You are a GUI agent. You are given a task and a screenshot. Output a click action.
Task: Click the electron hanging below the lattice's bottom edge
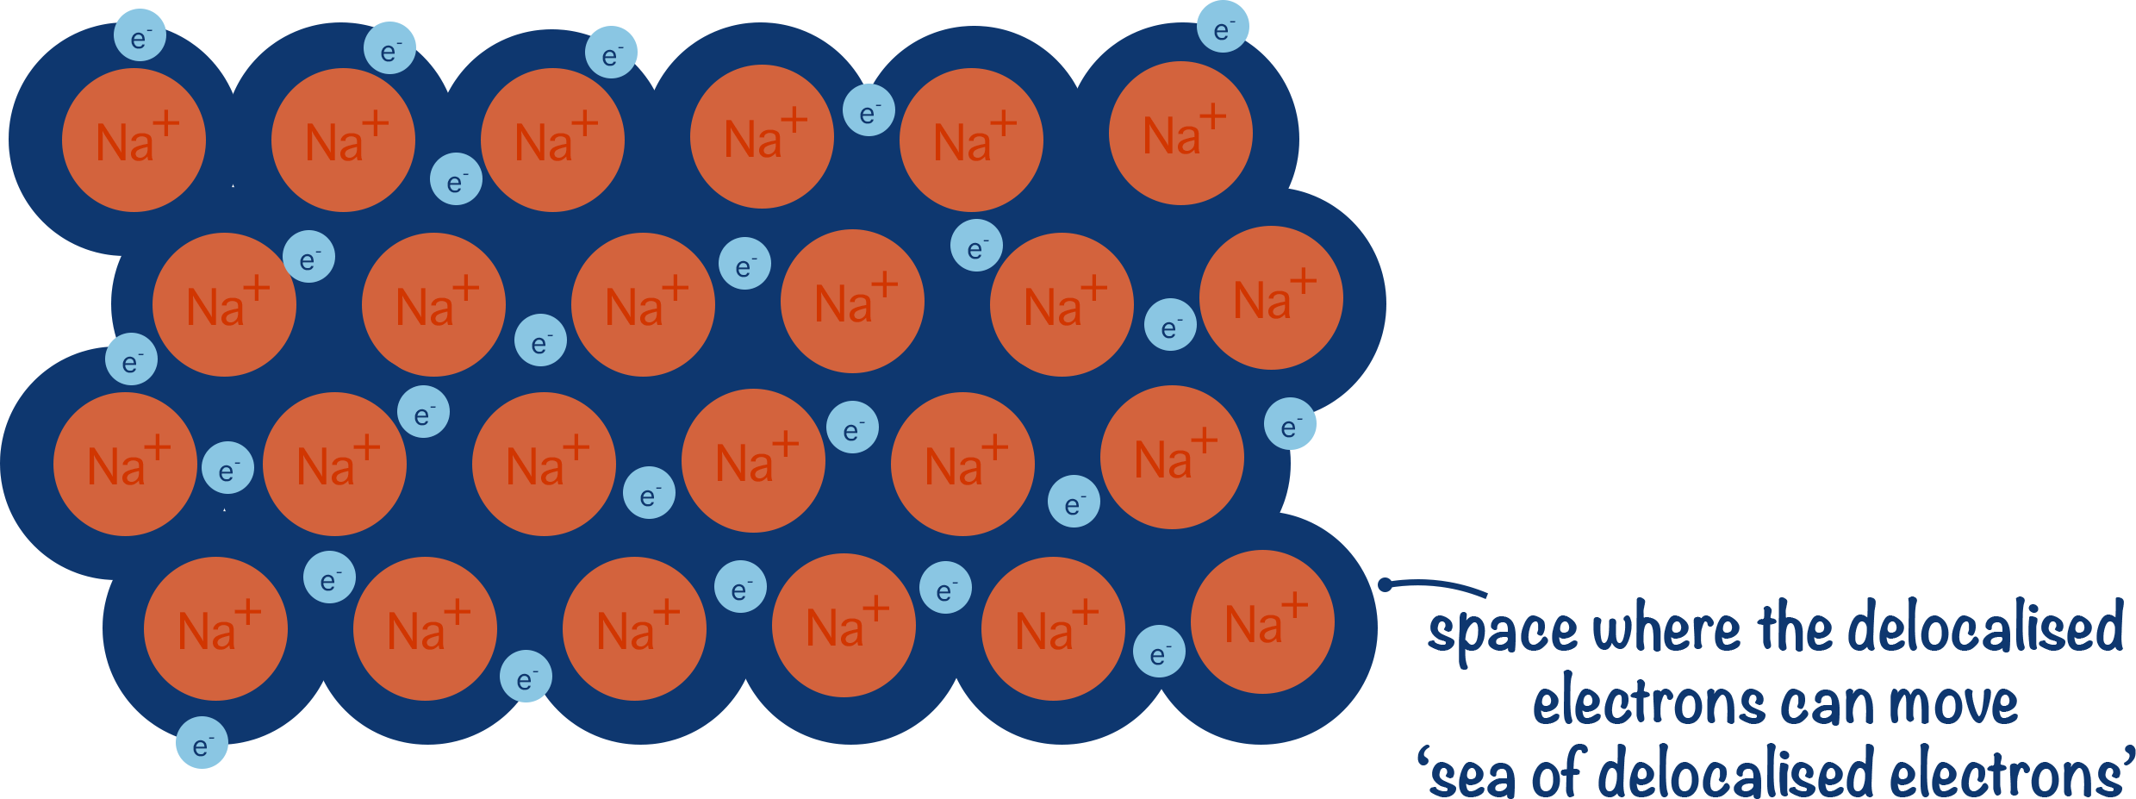(202, 743)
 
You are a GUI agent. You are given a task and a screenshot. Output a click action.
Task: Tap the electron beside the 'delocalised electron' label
(1290, 424)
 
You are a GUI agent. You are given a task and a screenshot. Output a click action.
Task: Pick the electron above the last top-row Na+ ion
(1222, 28)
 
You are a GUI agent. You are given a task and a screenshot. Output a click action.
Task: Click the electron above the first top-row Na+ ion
(140, 36)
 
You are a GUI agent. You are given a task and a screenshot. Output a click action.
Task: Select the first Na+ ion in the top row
(134, 140)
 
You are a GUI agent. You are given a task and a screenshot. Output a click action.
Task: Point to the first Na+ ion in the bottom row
(215, 629)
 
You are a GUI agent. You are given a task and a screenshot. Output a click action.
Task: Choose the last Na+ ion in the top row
(1180, 134)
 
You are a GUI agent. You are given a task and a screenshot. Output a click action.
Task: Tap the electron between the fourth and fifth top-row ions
(869, 110)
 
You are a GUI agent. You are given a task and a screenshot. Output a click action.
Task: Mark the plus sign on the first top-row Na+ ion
(165, 123)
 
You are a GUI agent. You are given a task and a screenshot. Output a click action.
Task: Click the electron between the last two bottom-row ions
(1159, 652)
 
